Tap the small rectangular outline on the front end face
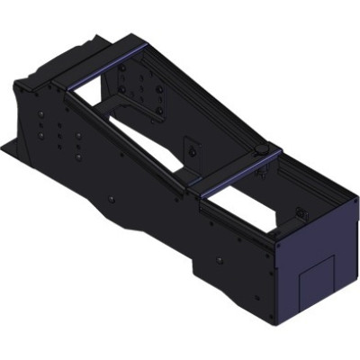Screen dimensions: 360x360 318,282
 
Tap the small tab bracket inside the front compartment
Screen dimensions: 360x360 303,214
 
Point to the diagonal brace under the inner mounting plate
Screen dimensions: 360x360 135,112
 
